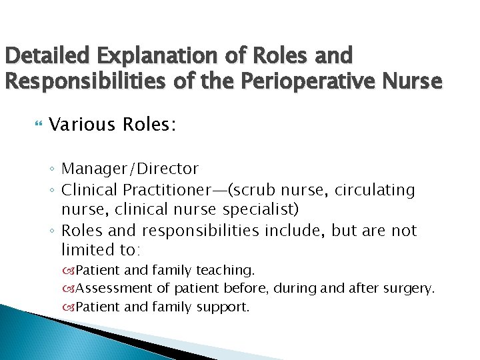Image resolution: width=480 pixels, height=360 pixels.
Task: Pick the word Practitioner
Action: click(x=171, y=190)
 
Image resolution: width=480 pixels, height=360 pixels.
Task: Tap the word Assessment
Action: click(x=116, y=289)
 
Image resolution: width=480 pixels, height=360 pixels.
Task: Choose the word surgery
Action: click(x=409, y=289)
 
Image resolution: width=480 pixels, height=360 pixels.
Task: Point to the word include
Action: click(x=306, y=231)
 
